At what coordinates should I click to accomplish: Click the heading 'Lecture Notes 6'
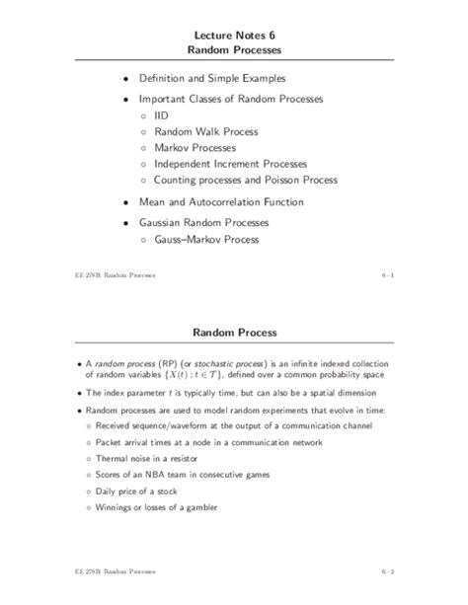point(235,33)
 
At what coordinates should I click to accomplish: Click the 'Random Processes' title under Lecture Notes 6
point(235,49)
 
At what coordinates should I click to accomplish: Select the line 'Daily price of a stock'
point(146,498)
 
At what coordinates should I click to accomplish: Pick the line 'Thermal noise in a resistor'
point(158,462)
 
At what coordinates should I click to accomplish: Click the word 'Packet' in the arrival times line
point(112,443)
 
